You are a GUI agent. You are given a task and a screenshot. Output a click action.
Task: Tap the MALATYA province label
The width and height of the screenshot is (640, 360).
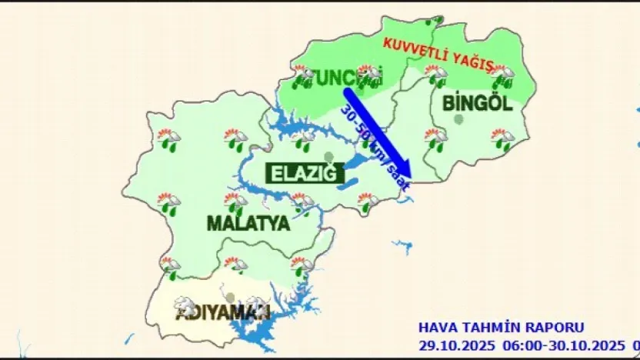coord(248,224)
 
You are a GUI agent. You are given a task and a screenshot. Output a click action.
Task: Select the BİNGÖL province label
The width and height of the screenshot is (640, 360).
coord(477,103)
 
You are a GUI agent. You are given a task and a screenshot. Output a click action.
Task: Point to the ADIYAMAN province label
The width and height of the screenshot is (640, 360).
coord(222,314)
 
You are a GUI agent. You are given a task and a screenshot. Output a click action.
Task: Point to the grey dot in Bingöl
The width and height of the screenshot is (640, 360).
coord(459,119)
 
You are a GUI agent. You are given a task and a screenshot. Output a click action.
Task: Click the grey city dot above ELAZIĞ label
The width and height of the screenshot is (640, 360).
coord(329,158)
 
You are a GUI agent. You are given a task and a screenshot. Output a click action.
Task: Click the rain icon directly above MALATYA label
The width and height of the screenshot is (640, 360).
coord(235,202)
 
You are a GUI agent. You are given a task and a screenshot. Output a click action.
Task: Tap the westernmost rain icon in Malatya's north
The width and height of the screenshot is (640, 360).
coord(168,139)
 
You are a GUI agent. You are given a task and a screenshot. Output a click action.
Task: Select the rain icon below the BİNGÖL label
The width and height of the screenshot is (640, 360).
coord(435,139)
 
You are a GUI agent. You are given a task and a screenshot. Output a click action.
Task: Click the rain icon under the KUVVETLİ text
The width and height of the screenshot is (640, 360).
coord(435,75)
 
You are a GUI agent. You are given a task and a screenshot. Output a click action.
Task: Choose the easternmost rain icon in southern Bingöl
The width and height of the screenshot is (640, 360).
coord(502,139)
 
